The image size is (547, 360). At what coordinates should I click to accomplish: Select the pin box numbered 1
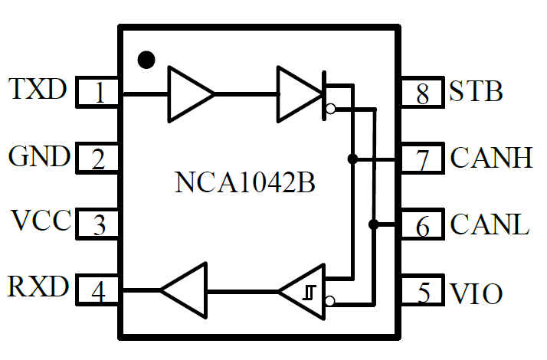(x=99, y=93)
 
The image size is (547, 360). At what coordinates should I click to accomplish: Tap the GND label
(x=38, y=157)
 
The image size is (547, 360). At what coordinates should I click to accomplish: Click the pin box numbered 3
(x=99, y=225)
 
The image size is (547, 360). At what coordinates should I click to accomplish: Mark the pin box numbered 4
(x=99, y=291)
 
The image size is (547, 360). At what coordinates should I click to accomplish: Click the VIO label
(x=477, y=293)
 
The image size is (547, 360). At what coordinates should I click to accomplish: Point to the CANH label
(x=491, y=159)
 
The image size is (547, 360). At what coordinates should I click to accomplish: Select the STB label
(x=476, y=92)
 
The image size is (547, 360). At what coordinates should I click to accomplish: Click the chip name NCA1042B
(x=245, y=184)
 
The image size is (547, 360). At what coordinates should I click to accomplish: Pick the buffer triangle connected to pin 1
(x=188, y=93)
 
